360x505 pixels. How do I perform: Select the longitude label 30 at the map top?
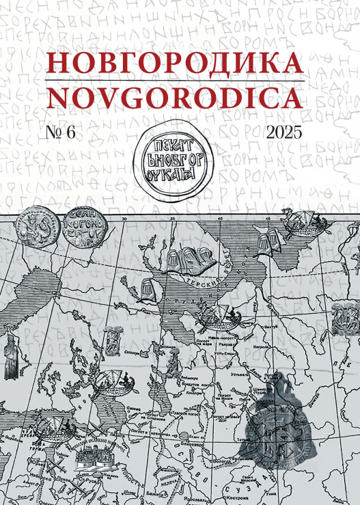click(124, 219)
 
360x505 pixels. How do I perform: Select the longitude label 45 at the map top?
click(268, 219)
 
